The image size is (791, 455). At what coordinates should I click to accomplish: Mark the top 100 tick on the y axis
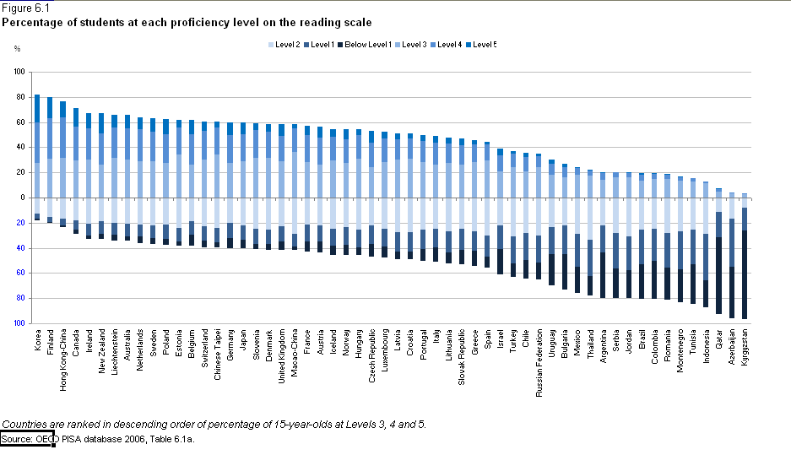(19, 73)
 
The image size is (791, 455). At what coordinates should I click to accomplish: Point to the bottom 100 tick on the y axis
(19, 323)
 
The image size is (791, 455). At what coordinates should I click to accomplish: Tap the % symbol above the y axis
(17, 48)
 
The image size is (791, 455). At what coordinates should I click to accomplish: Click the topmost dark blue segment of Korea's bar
(37, 108)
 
